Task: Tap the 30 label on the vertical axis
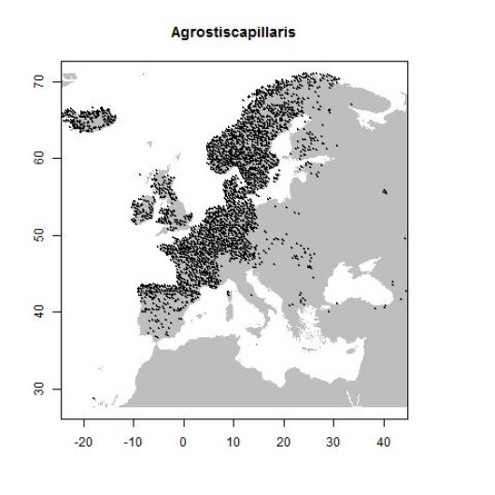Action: pos(42,388)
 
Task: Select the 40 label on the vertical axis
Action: pos(42,311)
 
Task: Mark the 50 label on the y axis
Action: pos(42,234)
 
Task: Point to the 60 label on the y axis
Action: pos(42,158)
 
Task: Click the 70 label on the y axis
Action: pos(42,82)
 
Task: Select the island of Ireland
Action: pos(142,209)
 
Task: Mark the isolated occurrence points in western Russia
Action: pos(386,191)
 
